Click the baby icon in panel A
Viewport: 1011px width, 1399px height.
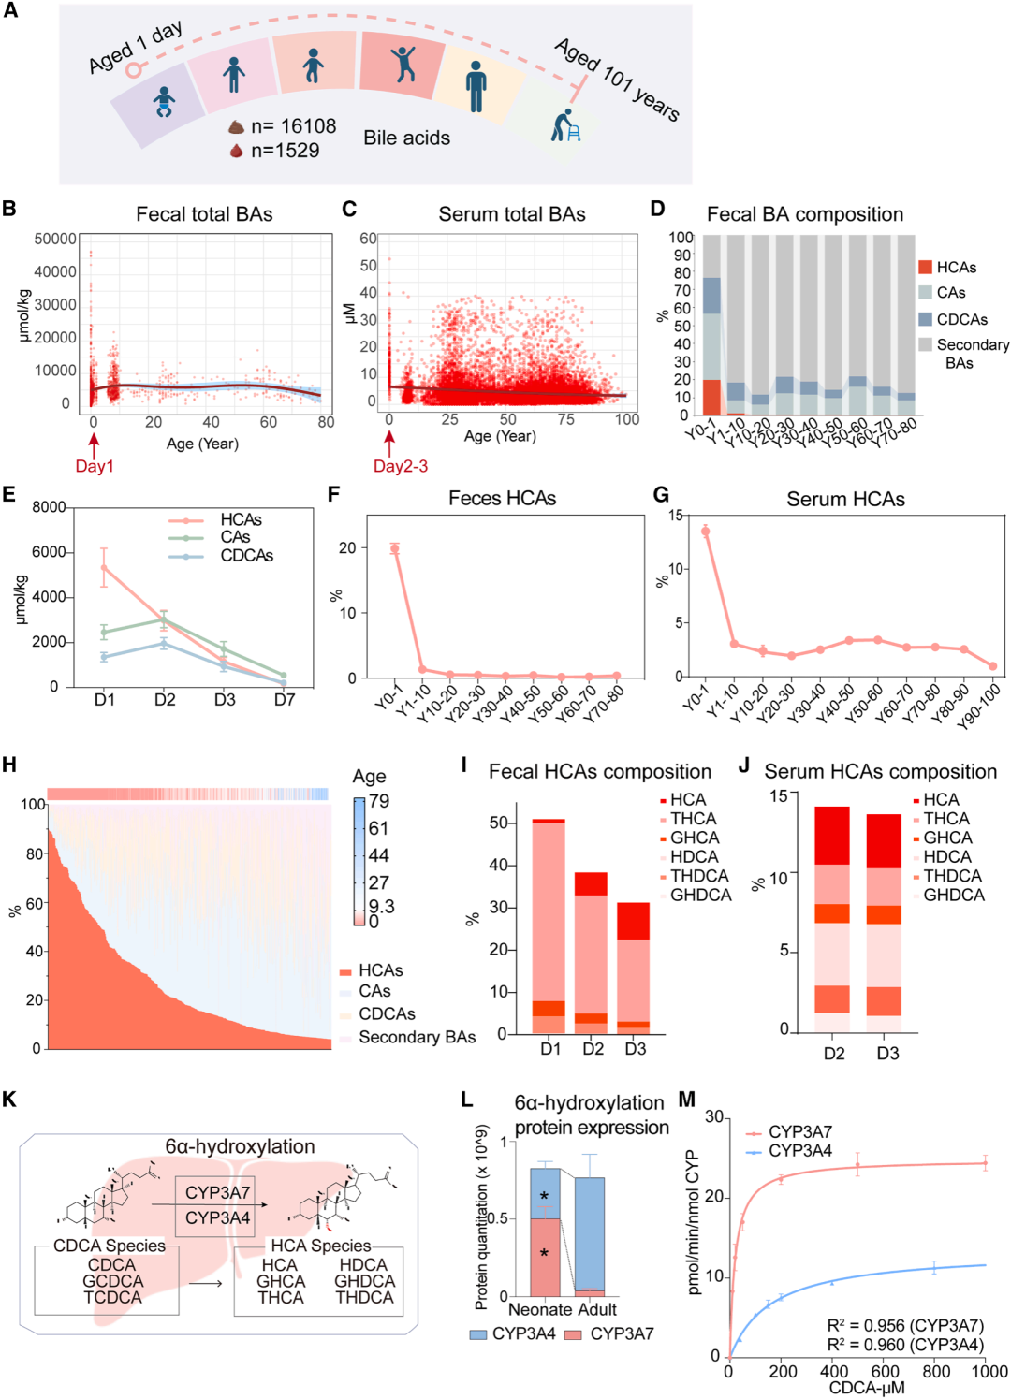click(x=165, y=102)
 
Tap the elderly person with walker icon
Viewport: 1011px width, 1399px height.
click(x=566, y=124)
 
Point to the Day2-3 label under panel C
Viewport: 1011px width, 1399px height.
click(x=401, y=467)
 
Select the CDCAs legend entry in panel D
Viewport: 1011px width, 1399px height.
click(x=952, y=319)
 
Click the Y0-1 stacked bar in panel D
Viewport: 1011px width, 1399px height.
click(x=711, y=325)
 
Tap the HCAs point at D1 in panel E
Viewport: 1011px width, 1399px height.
click(x=104, y=568)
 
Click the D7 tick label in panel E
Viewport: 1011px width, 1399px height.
click(x=285, y=700)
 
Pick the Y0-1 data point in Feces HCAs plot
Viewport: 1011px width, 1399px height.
click(x=394, y=549)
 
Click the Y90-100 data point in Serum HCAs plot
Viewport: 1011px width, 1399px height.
click(x=992, y=666)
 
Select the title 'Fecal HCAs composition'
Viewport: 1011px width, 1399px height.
click(x=600, y=771)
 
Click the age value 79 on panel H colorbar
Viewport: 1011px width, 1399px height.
click(x=379, y=801)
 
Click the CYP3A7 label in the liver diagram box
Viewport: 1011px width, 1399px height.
click(x=217, y=1192)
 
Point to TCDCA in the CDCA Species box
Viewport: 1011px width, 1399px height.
click(x=113, y=1297)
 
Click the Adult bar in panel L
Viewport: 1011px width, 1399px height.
click(x=589, y=1236)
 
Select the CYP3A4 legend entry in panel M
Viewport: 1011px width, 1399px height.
click(x=789, y=1151)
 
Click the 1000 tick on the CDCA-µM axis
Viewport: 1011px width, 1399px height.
click(x=985, y=1371)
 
